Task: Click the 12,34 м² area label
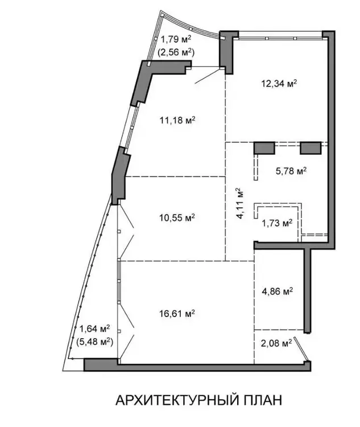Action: tap(279, 83)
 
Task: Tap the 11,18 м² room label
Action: tap(177, 120)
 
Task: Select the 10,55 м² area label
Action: tap(177, 217)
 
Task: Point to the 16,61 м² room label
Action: tap(177, 314)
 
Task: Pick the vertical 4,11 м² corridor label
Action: tap(241, 203)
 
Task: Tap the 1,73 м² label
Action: tap(277, 223)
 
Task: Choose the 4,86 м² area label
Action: tap(278, 291)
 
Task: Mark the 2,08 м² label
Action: tap(276, 343)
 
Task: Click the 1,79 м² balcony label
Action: tap(177, 39)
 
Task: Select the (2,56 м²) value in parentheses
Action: tap(176, 51)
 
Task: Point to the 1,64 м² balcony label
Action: tap(95, 329)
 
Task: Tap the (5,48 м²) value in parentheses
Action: tap(95, 341)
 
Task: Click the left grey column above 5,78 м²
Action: tap(264, 148)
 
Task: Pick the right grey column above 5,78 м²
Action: tap(311, 148)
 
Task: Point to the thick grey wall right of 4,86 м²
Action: tap(307, 291)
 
